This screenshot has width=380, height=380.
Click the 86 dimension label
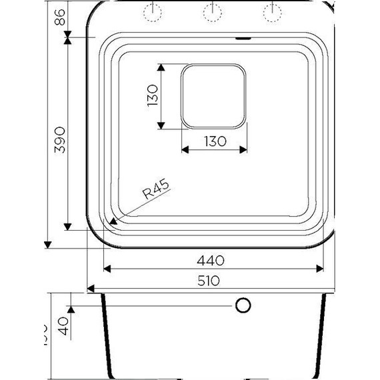tap(60, 18)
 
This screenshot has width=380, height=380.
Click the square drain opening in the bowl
tap(213, 96)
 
